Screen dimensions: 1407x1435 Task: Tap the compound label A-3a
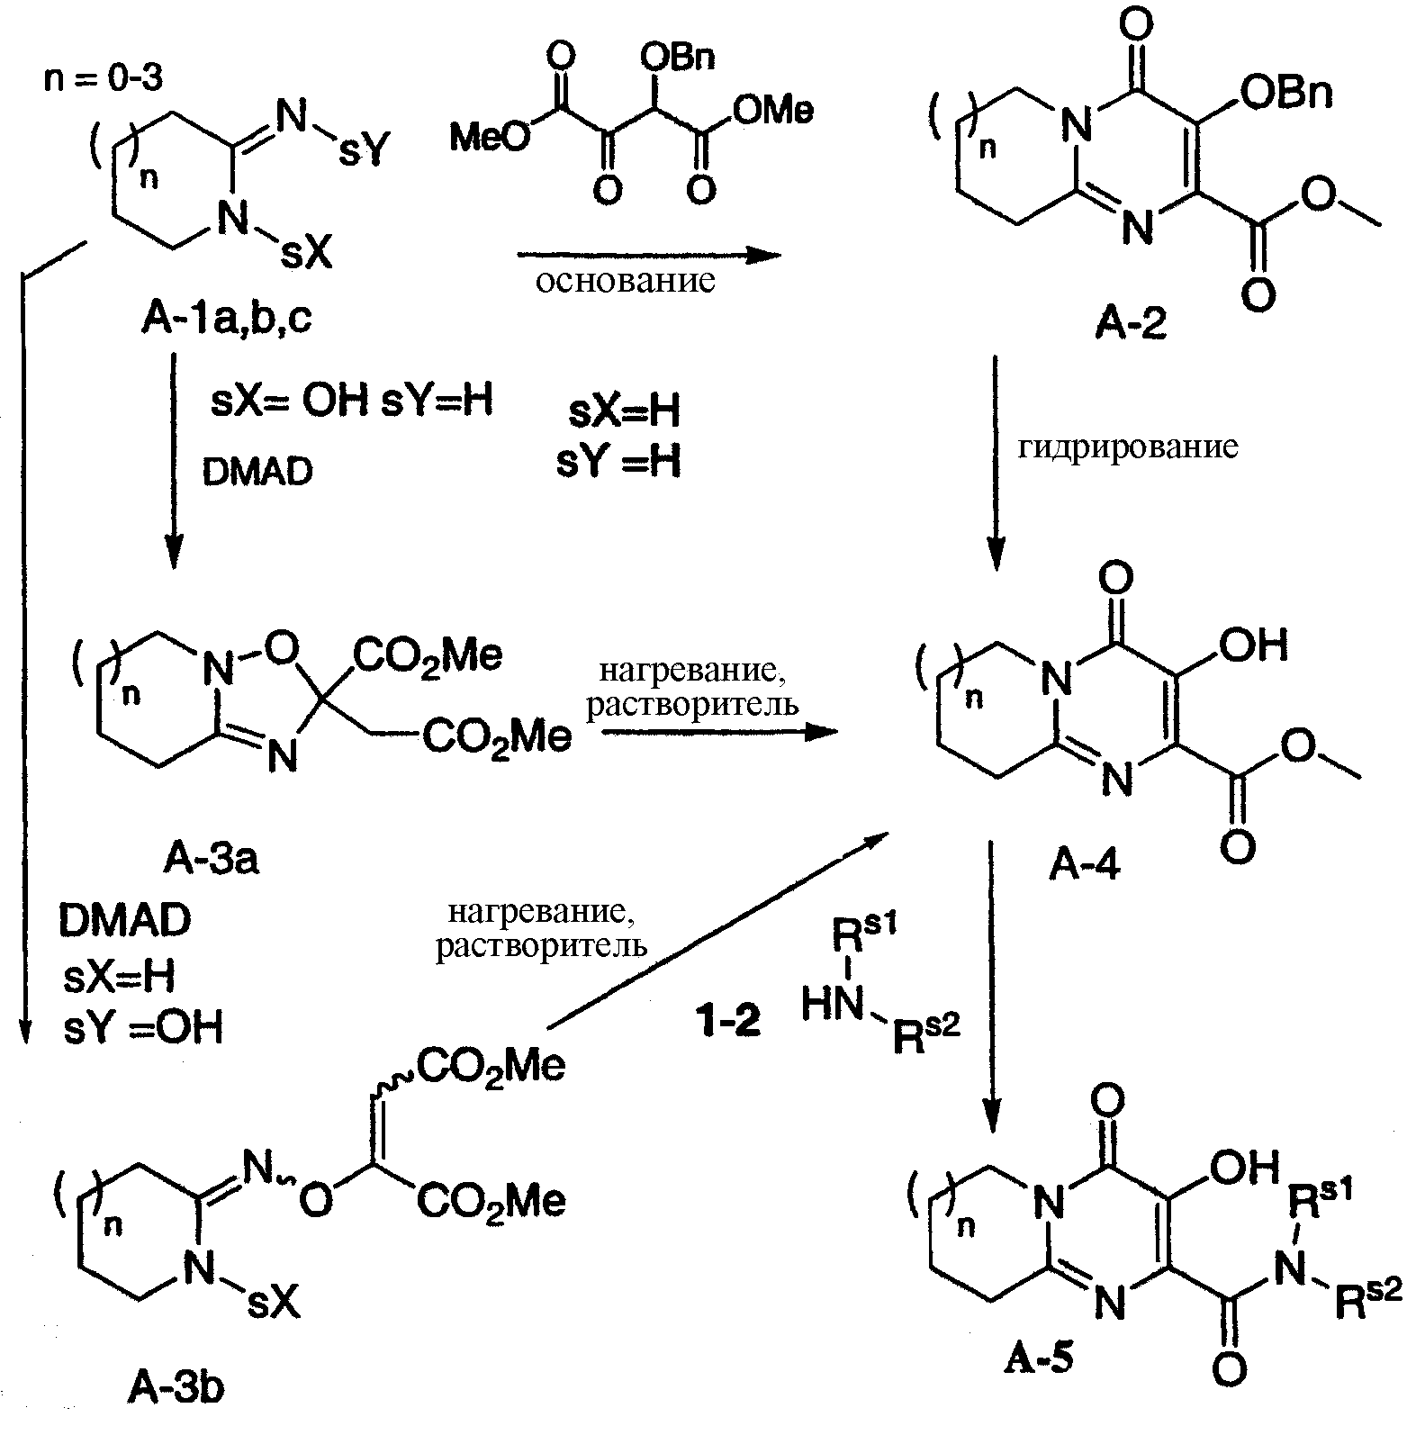pos(211,861)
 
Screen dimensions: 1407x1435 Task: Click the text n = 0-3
pos(104,80)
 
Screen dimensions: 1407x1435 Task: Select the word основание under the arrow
pos(627,282)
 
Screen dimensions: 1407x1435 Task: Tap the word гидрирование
pos(1128,447)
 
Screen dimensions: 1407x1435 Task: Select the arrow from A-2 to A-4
pos(995,463)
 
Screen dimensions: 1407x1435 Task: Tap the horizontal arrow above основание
pos(649,257)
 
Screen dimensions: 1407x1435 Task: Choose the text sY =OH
pos(143,1027)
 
